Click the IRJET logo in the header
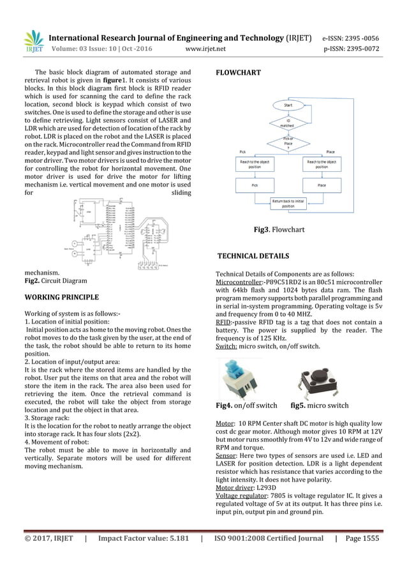pos(33,41)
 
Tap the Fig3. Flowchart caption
pos(279,229)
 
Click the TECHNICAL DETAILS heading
pos(253,256)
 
